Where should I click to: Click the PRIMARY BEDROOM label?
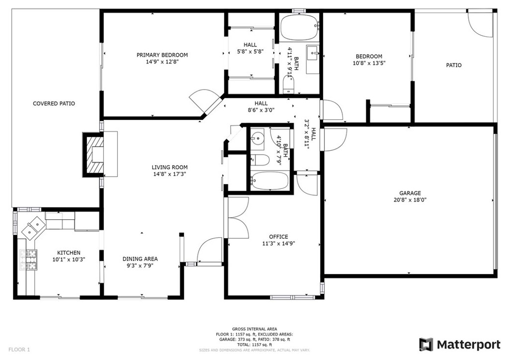(162, 55)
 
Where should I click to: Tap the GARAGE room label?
(410, 193)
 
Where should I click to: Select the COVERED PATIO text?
(54, 103)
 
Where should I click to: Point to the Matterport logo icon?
(426, 345)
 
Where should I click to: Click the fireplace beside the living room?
(93, 154)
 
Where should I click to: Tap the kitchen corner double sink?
(33, 227)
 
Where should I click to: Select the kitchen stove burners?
(28, 260)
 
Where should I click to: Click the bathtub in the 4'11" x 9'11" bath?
(299, 27)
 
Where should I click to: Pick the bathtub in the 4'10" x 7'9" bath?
(270, 180)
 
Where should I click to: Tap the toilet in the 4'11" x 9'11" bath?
(288, 84)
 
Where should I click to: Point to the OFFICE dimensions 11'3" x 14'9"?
(278, 244)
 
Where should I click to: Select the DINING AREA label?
(140, 259)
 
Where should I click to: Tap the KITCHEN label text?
(69, 253)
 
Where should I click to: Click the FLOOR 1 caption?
(19, 350)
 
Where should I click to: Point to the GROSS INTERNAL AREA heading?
(254, 329)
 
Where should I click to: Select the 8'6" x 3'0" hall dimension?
(261, 110)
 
